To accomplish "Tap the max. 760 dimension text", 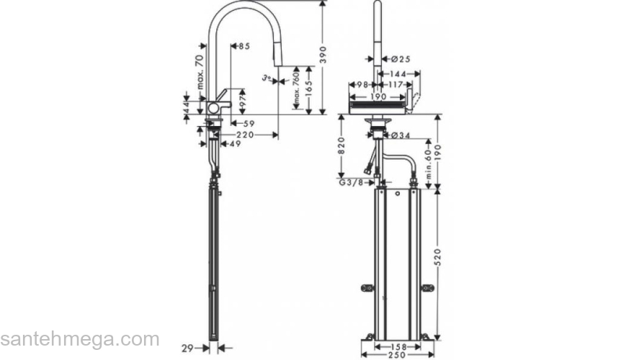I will coord(295,89).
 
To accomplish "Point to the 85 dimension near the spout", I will coord(244,46).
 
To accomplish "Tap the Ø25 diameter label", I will coord(401,58).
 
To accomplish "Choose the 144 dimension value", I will coord(402,73).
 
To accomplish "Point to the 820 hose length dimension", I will coord(343,148).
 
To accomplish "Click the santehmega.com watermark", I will coord(79,339).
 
